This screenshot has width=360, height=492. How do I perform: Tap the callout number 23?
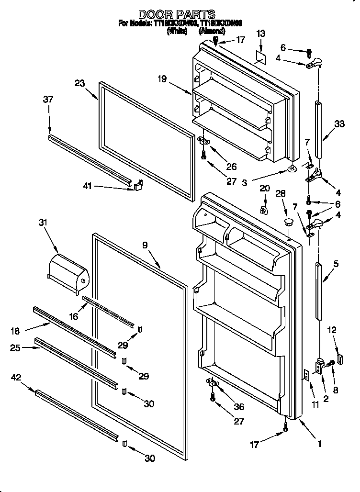pyautogui.click(x=80, y=83)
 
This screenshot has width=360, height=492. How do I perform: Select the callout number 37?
pyautogui.click(x=48, y=100)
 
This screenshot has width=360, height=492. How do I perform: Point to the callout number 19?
pyautogui.click(x=162, y=79)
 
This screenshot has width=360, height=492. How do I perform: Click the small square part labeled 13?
pyautogui.click(x=260, y=56)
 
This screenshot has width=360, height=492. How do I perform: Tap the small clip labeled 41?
pyautogui.click(x=138, y=185)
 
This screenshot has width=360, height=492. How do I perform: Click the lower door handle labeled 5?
pyautogui.click(x=319, y=291)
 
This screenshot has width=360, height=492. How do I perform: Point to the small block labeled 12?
pyautogui.click(x=340, y=358)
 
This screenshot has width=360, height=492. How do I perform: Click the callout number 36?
pyautogui.click(x=238, y=407)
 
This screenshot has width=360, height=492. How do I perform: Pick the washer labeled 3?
pyautogui.click(x=292, y=168)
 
